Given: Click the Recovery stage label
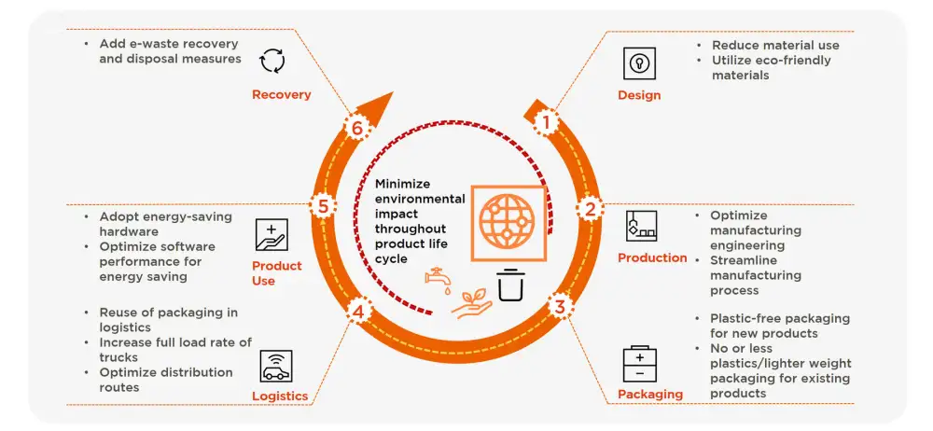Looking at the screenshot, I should click(281, 94).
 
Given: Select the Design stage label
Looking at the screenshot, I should click(639, 95).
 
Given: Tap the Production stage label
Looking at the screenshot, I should click(652, 257).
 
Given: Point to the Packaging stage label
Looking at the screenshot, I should click(650, 394).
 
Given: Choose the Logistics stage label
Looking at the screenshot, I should click(280, 396).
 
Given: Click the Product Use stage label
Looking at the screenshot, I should click(277, 272).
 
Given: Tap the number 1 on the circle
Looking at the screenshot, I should click(548, 119).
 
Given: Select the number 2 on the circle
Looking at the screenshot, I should click(589, 208).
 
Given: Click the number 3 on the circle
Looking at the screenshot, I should click(559, 304).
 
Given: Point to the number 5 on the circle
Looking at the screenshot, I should click(323, 205).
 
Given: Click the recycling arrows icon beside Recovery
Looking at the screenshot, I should click(273, 63).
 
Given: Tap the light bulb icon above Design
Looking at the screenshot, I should click(639, 63).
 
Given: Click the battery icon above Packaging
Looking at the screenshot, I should click(639, 364).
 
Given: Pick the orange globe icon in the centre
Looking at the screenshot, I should click(509, 223).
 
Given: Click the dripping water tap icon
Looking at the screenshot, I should click(436, 278).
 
